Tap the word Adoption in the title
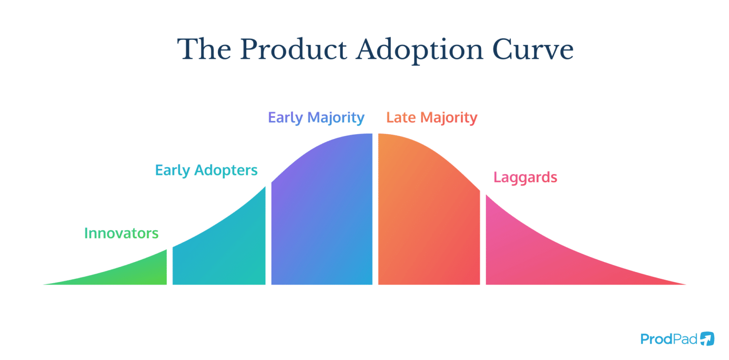pyautogui.click(x=419, y=49)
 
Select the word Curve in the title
pyautogui.click(x=532, y=49)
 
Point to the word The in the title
pyautogui.click(x=204, y=49)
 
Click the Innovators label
pyautogui.click(x=121, y=233)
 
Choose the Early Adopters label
pyautogui.click(x=206, y=170)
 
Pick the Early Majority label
pyautogui.click(x=316, y=117)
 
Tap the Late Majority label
pyautogui.click(x=431, y=117)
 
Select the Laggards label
pyautogui.click(x=525, y=177)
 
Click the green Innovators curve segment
pyautogui.click(x=142, y=273)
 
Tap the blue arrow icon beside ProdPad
pyautogui.click(x=707, y=339)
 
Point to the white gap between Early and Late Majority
pyautogui.click(x=375, y=213)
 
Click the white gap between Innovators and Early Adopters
pyautogui.click(x=169, y=268)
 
